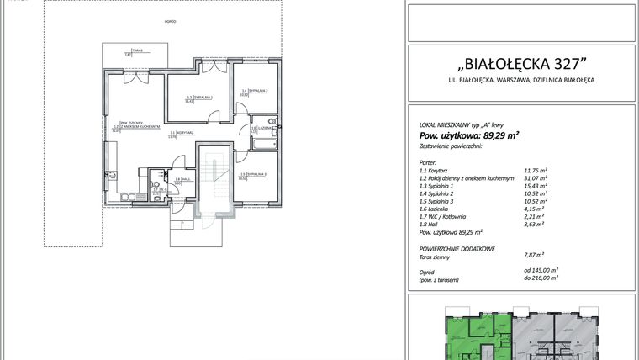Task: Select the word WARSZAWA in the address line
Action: click(x=515, y=81)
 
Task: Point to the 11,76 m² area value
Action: click(x=536, y=171)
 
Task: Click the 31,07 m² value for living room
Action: click(x=536, y=179)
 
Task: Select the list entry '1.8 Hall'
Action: click(x=430, y=224)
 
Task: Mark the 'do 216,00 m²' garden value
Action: click(x=540, y=277)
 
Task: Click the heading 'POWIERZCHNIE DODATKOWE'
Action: click(x=457, y=250)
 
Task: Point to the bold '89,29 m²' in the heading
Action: click(x=496, y=135)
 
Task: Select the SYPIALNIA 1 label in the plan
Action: click(x=199, y=98)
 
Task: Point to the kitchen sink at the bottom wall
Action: click(x=125, y=198)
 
